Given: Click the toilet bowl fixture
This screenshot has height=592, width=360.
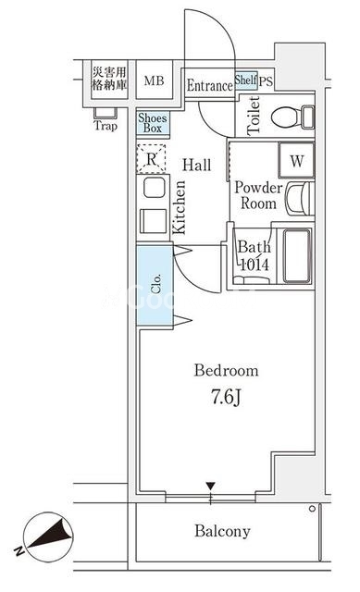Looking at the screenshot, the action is pos(292,117).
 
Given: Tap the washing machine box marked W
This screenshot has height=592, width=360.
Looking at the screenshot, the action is pos(296,160).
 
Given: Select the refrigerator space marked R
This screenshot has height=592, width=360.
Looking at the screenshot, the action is pos(151,158).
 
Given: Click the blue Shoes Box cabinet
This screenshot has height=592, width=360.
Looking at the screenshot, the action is pos(153,123).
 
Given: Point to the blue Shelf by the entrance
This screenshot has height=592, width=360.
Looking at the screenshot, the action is pos(246,80).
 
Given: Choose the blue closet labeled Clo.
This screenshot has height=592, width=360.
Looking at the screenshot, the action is pos(155,285).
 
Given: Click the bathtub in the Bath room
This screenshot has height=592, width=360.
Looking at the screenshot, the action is pos(297,255).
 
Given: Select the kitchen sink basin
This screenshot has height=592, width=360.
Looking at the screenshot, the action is pos(155,187).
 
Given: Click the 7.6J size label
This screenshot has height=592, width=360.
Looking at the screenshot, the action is pos(226,397).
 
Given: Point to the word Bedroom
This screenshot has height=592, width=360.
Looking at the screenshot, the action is pos(227,370).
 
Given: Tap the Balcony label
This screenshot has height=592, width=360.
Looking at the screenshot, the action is pos(222,531).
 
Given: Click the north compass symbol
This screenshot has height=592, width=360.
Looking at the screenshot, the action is pos(48,536).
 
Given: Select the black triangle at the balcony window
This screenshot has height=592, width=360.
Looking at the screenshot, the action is pos(210,486).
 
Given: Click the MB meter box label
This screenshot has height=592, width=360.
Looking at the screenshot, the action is pos(155,80).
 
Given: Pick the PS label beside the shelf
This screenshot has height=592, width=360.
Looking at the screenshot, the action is pos(266,81).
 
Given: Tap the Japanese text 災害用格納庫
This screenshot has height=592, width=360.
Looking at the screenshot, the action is pos(109,78).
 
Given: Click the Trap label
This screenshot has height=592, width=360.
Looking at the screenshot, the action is pos(106,126).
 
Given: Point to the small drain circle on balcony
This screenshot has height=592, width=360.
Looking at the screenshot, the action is pos(312,509).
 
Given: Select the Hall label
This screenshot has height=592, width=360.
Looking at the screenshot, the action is pos(197,165).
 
